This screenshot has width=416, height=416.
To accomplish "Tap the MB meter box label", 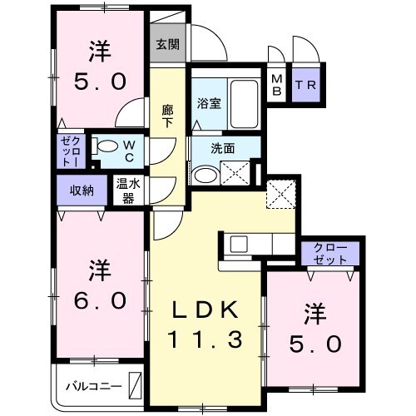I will coord(276,86).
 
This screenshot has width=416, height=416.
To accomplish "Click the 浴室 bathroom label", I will coord(208,105).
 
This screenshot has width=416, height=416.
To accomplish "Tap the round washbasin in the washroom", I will coord(204,176).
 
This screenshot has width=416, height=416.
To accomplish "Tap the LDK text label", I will coord(206,310).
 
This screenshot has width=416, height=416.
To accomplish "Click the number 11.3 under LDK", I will coord(206,339).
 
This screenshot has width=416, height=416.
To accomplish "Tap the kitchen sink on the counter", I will coord(239,245).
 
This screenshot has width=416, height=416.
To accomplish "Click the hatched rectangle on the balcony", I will coord(135,386).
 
